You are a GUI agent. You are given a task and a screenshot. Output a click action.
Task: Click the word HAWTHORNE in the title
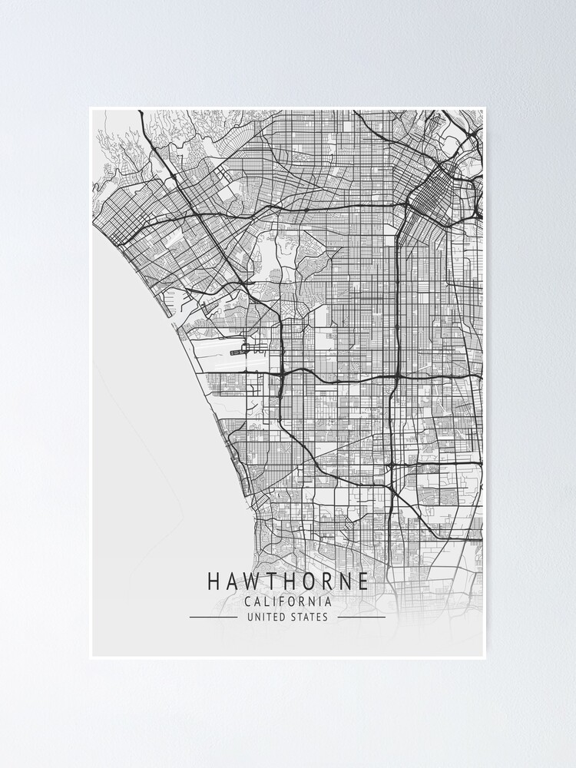[x=287, y=581]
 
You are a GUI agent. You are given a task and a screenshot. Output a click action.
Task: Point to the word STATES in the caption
[x=310, y=617]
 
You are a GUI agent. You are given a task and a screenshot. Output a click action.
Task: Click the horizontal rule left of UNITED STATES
[x=213, y=617]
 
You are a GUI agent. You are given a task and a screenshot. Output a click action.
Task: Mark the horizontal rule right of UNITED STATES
[x=361, y=617]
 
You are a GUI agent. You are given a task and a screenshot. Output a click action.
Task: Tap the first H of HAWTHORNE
[x=213, y=581]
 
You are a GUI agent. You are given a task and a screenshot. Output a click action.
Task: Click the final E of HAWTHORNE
[x=362, y=581]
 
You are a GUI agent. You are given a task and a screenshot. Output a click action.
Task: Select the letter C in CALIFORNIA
[x=246, y=601]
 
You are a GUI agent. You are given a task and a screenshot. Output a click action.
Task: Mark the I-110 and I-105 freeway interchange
[x=397, y=376]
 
